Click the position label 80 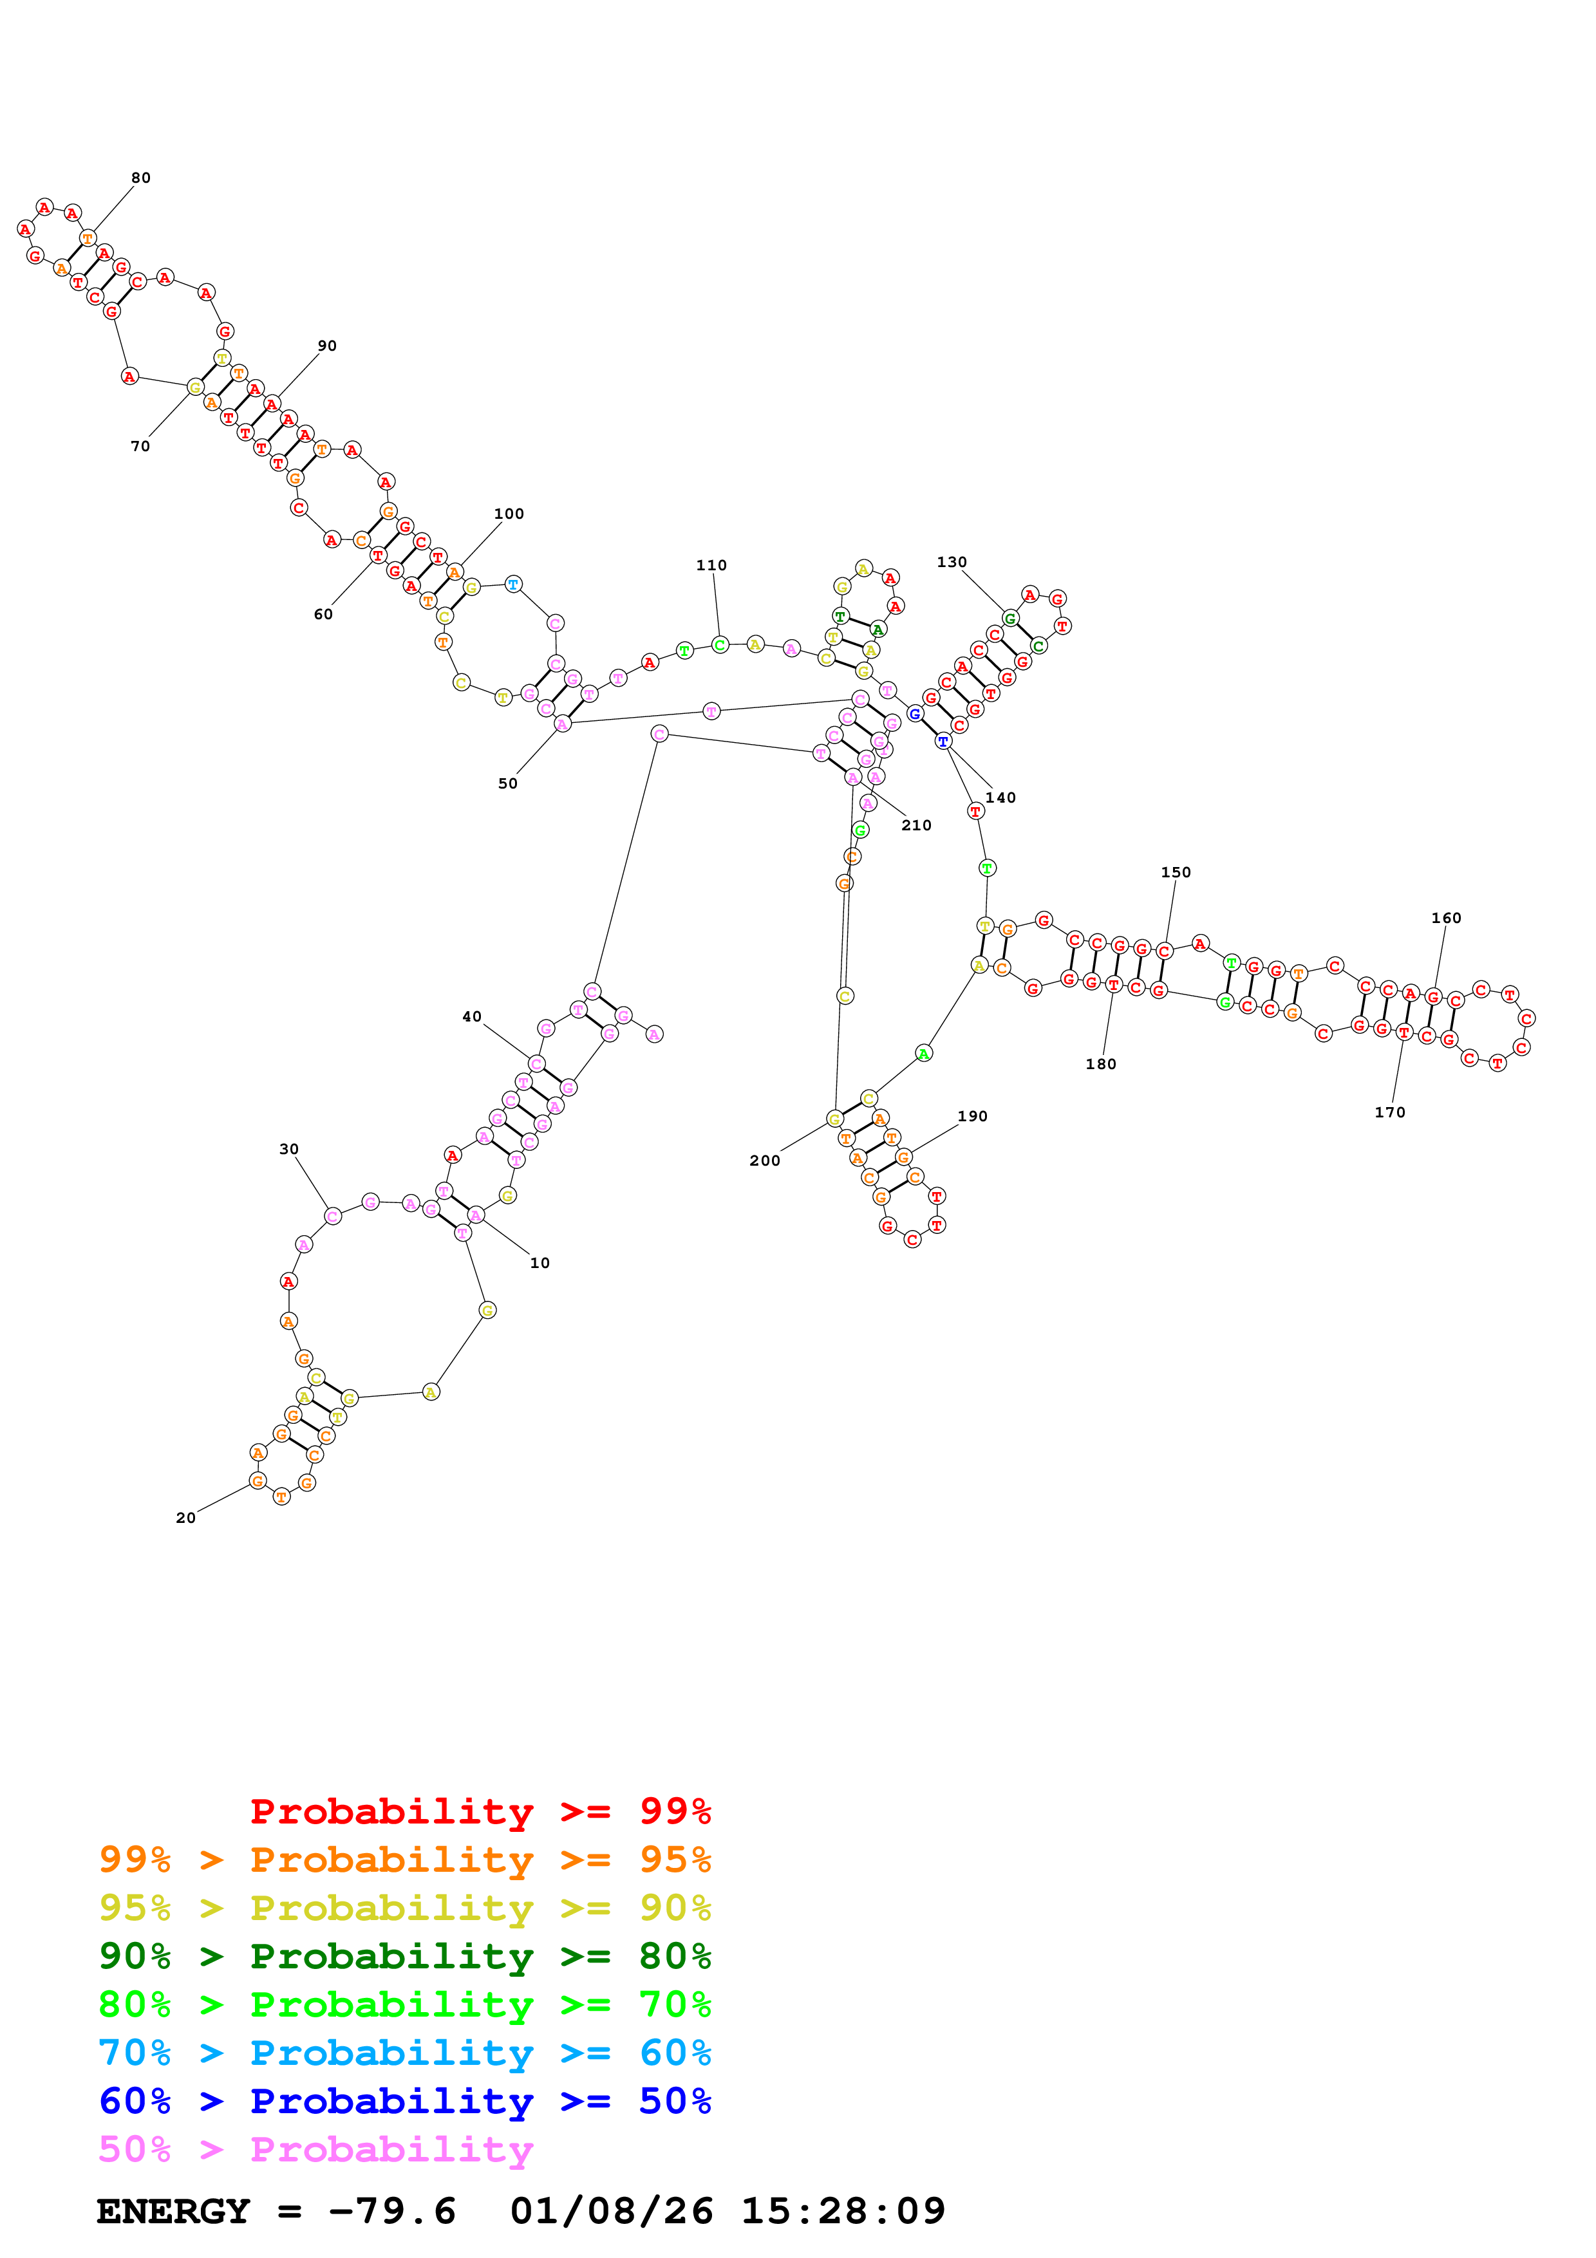[x=140, y=178]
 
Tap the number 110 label [x=711, y=566]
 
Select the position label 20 [x=186, y=1518]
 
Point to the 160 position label [x=1445, y=918]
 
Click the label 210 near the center [x=915, y=825]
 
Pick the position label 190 [x=972, y=1116]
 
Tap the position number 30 [x=288, y=1149]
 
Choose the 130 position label [x=951, y=563]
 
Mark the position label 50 [x=507, y=784]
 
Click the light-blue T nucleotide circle [x=512, y=584]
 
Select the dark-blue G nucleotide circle [x=914, y=714]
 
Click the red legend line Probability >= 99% [x=480, y=1811]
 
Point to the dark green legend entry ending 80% [x=404, y=1956]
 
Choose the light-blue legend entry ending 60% [x=404, y=2053]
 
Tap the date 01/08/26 [x=611, y=2211]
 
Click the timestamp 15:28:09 [x=843, y=2211]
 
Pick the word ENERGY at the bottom [x=173, y=2211]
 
